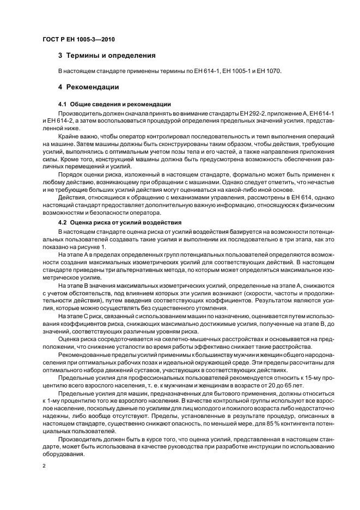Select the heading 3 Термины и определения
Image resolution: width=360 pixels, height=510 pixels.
(107, 55)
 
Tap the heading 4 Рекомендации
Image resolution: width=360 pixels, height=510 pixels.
(88, 87)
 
